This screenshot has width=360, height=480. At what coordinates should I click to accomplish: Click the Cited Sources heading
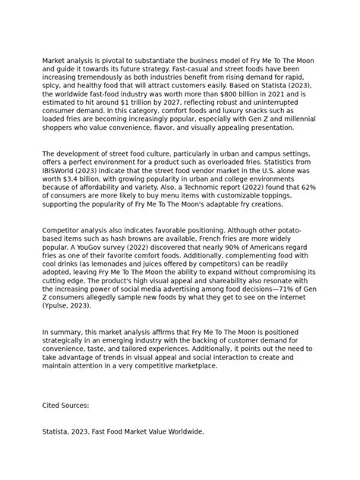tap(67, 405)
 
